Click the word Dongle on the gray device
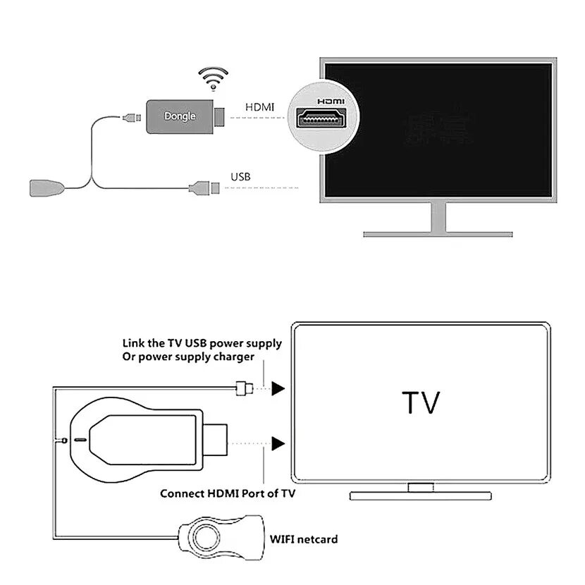click(180, 116)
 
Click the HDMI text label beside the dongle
click(259, 107)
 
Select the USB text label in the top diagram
click(241, 176)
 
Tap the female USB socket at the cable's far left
click(44, 188)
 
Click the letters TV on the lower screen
click(421, 403)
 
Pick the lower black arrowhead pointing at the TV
click(279, 443)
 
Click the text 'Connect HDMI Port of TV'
click(228, 493)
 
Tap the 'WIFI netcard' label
click(304, 539)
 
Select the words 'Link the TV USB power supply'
click(202, 343)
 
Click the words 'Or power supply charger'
click(188, 357)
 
